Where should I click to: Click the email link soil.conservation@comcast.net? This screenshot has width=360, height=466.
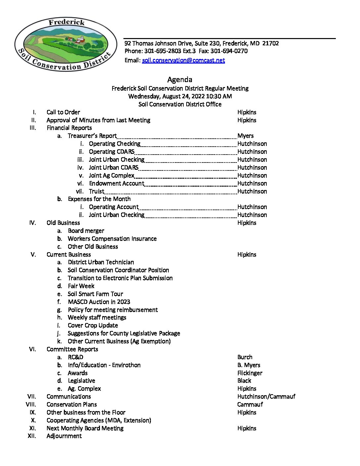coord(183,60)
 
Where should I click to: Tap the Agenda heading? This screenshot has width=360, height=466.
coord(180,79)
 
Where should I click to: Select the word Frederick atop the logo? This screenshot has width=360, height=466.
coord(67,23)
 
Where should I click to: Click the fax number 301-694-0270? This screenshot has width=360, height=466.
coord(229,51)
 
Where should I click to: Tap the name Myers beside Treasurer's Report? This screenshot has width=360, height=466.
coord(246,136)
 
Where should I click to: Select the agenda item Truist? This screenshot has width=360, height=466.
coord(96,191)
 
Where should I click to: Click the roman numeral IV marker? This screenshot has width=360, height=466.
coord(32,223)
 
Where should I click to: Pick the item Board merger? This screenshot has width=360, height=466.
coord(86,231)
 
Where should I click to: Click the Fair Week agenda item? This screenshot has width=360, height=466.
coord(81,286)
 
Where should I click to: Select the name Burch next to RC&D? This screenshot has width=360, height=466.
coord(245,357)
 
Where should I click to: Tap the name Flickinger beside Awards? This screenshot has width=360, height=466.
coord(250,373)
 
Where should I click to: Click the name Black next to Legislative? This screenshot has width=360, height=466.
coord(244,381)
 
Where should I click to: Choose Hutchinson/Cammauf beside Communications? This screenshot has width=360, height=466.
coord(266,396)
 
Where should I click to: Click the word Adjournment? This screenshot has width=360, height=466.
coord(64,436)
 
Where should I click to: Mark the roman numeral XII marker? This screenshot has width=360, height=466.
coord(32,436)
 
